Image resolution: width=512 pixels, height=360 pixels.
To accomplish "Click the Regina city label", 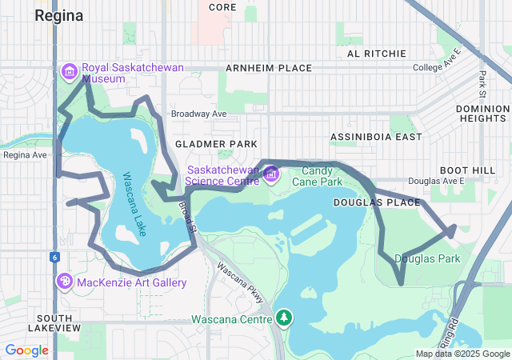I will coord(59,15).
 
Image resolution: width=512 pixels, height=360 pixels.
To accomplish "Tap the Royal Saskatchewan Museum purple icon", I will coord(69,73).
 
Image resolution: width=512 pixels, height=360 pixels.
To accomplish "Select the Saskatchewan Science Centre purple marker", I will coord(271,174).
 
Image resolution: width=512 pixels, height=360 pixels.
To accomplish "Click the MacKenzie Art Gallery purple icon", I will coord(65,282).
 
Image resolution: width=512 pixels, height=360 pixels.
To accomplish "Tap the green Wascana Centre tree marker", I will coord(283,318).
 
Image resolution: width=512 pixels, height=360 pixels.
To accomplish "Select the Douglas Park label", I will coord(427,258).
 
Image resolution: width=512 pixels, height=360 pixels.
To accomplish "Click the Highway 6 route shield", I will coord(54,257).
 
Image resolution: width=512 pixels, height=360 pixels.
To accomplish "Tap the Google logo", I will coord(26,350).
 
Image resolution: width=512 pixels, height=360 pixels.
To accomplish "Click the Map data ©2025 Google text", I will coord(462,354).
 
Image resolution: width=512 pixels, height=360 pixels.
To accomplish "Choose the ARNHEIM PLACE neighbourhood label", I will coord(269,68).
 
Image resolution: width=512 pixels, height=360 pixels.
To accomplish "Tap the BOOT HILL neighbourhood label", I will coord(466,170).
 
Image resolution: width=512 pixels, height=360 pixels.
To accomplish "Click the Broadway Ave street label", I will coord(199,114).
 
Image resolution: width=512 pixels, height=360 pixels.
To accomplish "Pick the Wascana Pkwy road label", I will coord(240,282).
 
